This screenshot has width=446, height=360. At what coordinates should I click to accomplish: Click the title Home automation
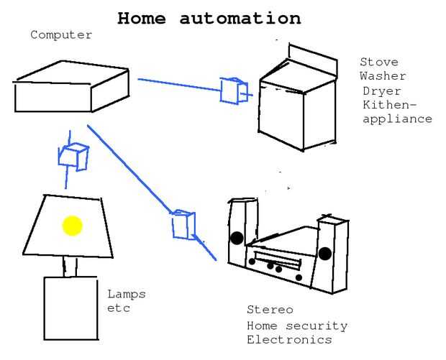pos(209,18)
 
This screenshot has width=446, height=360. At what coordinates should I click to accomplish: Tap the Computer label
pos(61,34)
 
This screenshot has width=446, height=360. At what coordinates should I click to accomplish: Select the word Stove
pos(379,62)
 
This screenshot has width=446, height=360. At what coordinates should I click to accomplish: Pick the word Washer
pos(383,75)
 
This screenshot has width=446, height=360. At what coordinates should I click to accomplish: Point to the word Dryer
pos(382,91)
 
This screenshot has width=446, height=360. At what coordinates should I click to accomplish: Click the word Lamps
pos(127,294)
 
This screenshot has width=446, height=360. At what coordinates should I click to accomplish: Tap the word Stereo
pos(270,310)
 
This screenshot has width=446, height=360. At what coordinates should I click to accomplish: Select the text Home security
pos(297,326)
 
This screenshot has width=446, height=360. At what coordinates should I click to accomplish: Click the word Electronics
pos(289,339)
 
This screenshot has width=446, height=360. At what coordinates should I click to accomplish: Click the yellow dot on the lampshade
pos(72,226)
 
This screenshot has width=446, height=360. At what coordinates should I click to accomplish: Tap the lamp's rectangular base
pos(70,309)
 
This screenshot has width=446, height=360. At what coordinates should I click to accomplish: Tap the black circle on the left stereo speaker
pos(237,238)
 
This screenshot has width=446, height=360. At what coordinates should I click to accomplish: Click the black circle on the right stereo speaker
pos(325,253)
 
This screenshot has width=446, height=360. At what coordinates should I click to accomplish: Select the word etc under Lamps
pos(119,308)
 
